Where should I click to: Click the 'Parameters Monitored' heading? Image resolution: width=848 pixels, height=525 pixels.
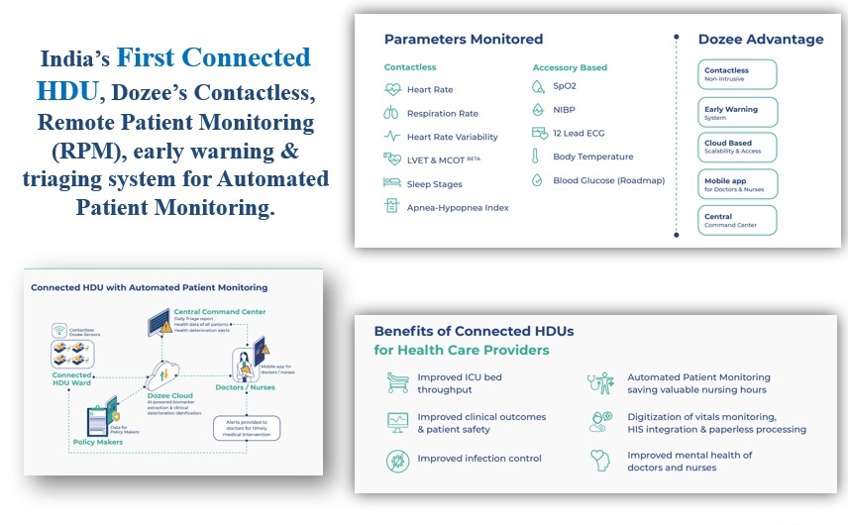(x=464, y=40)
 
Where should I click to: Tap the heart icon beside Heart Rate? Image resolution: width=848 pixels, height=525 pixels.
(x=392, y=90)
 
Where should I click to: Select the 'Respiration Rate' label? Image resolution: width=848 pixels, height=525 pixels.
(x=442, y=114)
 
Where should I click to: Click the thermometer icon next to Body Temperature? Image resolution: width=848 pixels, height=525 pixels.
(x=537, y=157)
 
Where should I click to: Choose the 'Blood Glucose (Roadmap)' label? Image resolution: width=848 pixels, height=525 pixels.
(x=608, y=180)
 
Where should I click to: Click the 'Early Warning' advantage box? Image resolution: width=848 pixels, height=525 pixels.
(x=737, y=112)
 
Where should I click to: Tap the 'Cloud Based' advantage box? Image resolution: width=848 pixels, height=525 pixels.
(x=737, y=148)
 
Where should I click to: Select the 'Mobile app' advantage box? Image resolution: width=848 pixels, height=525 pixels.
(x=737, y=184)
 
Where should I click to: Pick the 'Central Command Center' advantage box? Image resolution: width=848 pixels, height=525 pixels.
(x=737, y=220)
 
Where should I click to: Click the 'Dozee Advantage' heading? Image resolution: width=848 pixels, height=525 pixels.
(x=760, y=40)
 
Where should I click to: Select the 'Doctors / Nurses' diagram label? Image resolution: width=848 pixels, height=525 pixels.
(x=244, y=387)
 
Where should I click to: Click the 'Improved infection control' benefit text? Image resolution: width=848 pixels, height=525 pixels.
(x=479, y=459)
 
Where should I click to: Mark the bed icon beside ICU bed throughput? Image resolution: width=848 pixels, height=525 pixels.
(x=397, y=379)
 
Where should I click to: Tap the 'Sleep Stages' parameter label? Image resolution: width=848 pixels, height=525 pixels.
(x=434, y=184)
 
